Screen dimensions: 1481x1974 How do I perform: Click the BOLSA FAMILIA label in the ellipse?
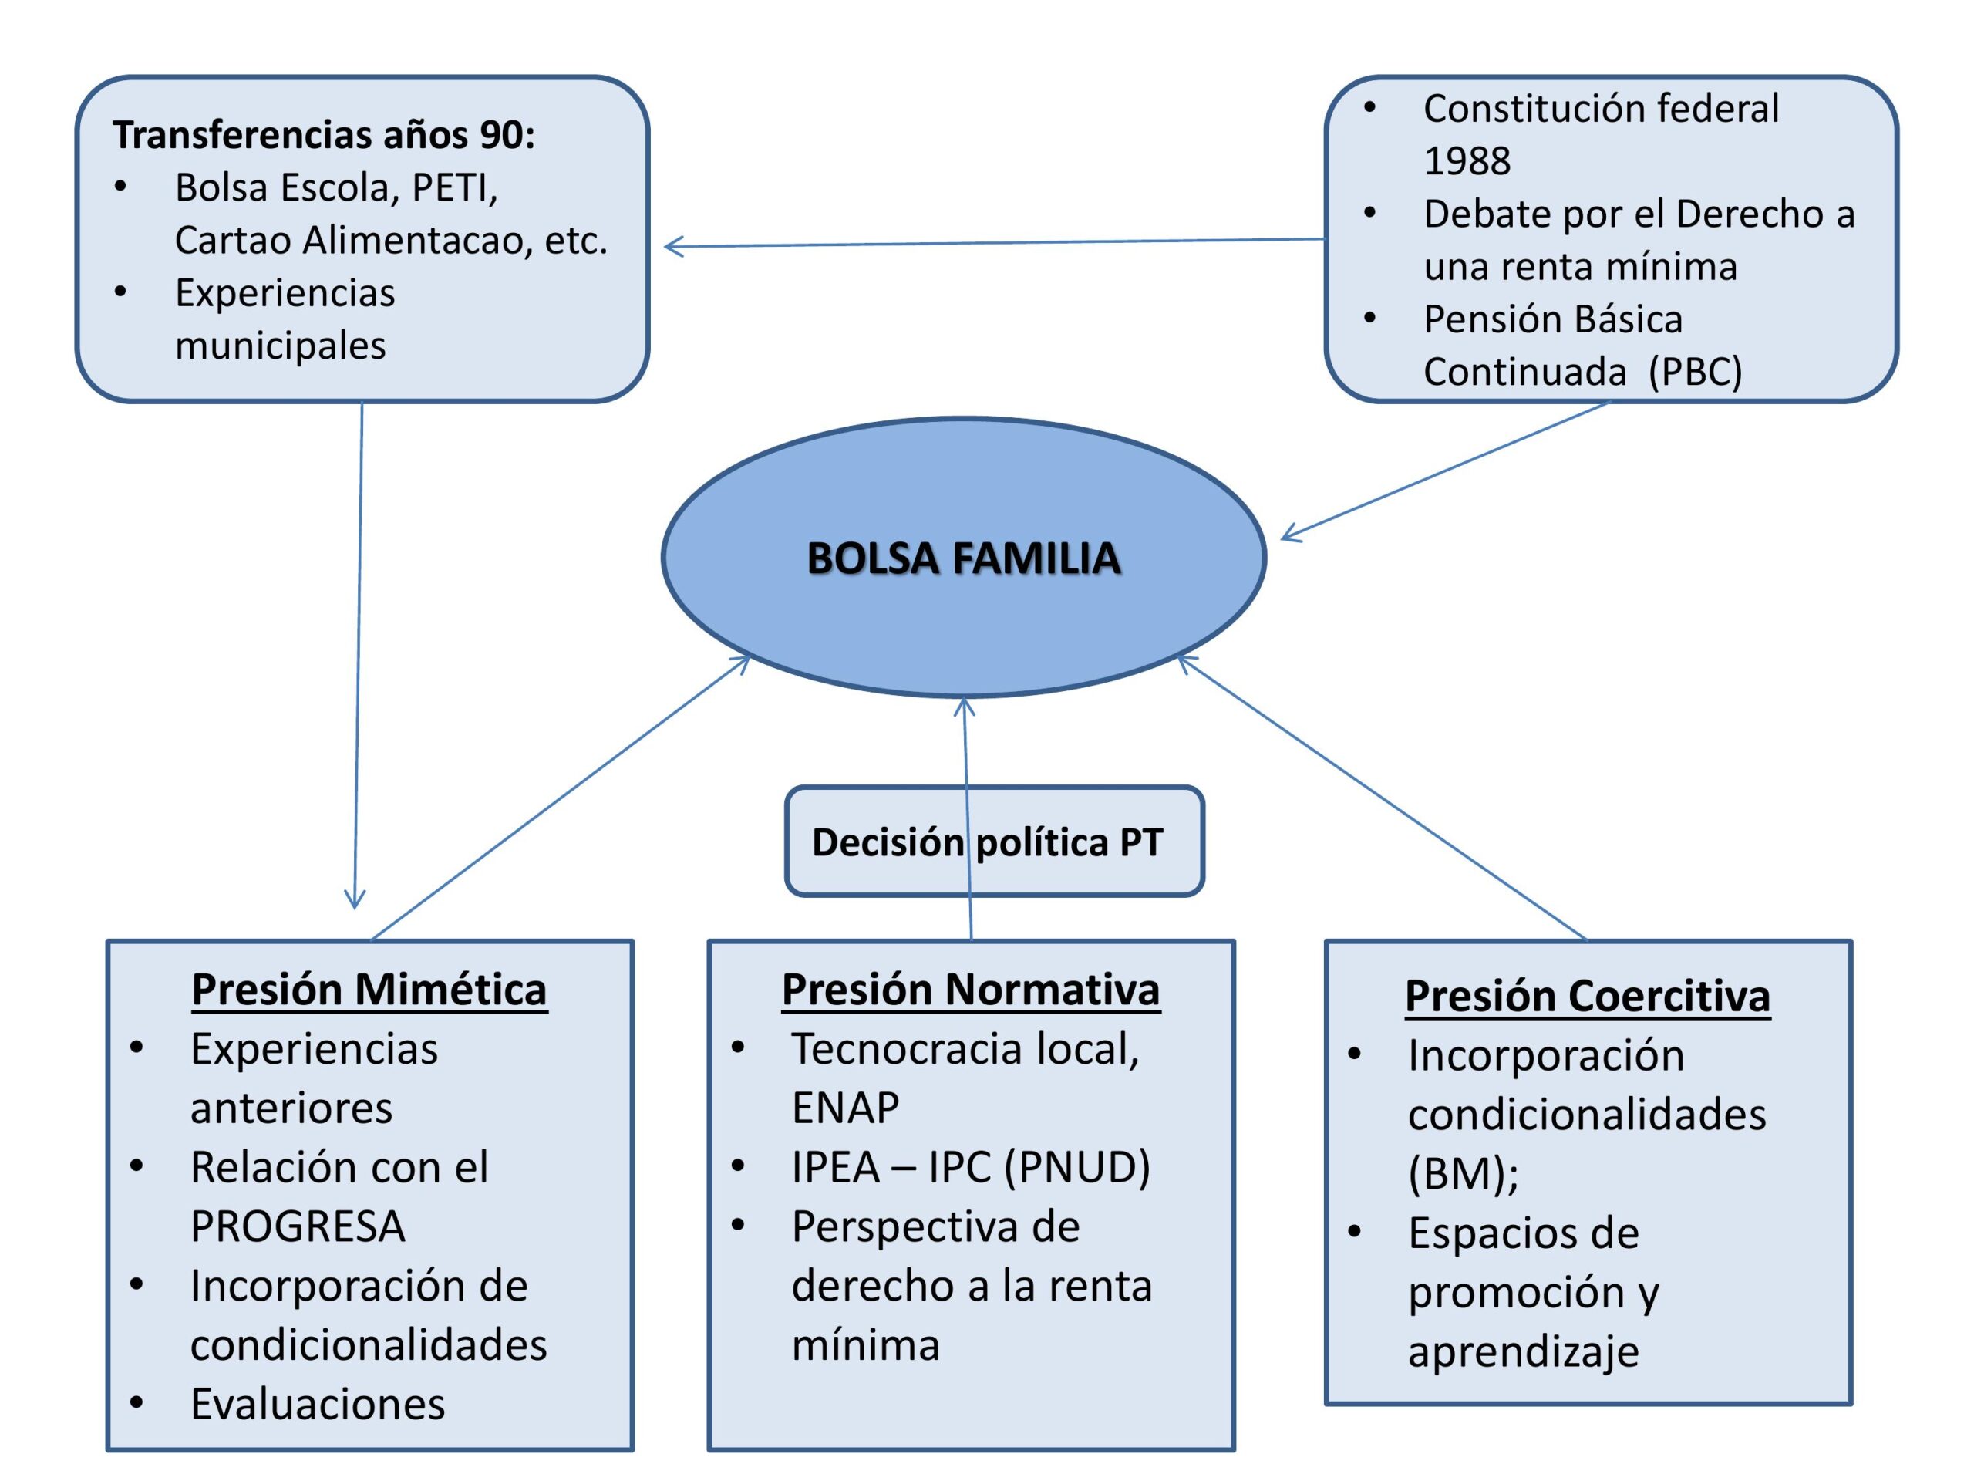[963, 558]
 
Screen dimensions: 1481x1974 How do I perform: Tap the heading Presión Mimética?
[369, 990]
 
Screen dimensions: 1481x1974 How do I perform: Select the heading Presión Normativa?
[970, 990]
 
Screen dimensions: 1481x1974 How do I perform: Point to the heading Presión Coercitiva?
[1587, 997]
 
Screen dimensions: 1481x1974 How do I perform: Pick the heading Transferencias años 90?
[323, 135]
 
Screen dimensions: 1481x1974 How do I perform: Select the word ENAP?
[845, 1108]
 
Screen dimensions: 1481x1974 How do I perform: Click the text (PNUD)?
[1077, 1168]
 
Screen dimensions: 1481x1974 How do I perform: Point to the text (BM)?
[1463, 1174]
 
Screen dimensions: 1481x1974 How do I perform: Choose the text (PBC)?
[1695, 371]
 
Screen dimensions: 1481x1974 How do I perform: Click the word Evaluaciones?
[318, 1404]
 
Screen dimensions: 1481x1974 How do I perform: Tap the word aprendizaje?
[1524, 1352]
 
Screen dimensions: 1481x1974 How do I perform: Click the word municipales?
[280, 346]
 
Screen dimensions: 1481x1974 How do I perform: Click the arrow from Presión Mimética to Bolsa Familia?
[561, 797]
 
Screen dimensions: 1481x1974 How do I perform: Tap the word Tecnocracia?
[906, 1049]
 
